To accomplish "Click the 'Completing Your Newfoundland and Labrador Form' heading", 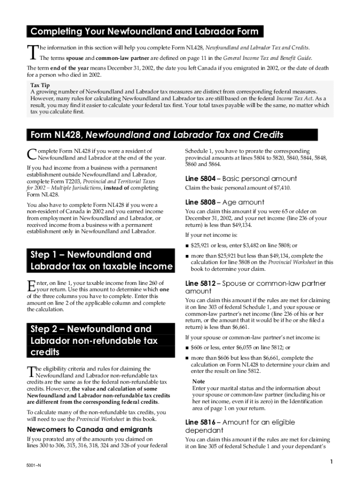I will pyautogui.click(x=144, y=32).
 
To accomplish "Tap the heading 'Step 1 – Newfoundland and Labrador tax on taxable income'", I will pyautogui.click(x=101, y=261).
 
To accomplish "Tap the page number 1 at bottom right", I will pyautogui.click(x=330, y=463).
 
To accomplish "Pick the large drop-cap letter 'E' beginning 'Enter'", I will pyautogui.click(x=31, y=286).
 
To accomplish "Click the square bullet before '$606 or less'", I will pyautogui.click(x=187, y=348).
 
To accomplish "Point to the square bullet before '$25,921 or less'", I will pyautogui.click(x=187, y=246).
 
